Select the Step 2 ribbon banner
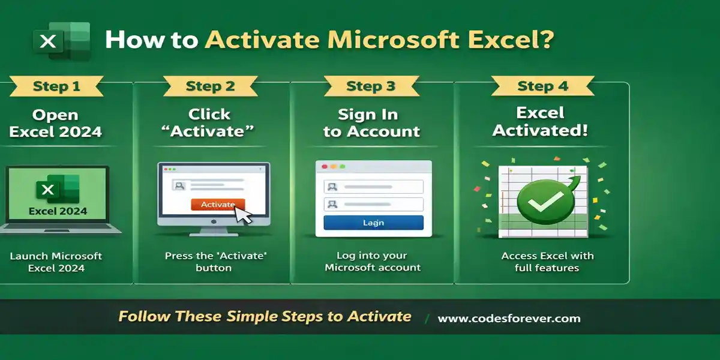[x=210, y=86]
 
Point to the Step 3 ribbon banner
[x=371, y=86]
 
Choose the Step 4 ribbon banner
[x=542, y=86]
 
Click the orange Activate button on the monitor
[x=217, y=205]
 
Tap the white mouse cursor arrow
[x=243, y=215]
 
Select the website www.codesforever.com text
[x=509, y=319]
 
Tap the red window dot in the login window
[x=325, y=166]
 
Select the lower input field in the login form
[x=373, y=205]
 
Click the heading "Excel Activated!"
[x=540, y=122]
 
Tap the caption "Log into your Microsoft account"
[x=373, y=262]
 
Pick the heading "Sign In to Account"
[x=371, y=123]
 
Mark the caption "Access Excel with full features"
[x=547, y=262]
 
